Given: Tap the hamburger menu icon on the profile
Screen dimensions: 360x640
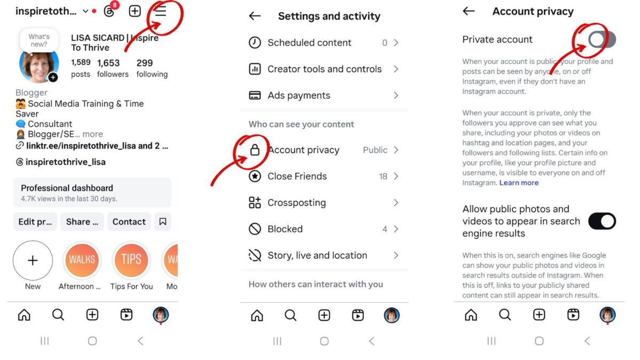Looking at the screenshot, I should (x=161, y=11).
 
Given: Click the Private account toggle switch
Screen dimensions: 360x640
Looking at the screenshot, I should (x=602, y=39).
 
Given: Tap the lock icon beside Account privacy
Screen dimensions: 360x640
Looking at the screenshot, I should (x=255, y=150).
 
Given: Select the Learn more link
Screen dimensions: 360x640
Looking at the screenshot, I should (x=519, y=183).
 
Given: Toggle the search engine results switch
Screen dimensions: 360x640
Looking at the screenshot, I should (x=602, y=221).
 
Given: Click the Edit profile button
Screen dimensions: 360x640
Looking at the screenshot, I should (x=35, y=222).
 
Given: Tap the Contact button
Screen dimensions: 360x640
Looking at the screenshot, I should (x=129, y=222).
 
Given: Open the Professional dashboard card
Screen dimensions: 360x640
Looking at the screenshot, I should (x=92, y=193).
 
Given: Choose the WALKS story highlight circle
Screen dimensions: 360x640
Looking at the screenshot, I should (x=82, y=260).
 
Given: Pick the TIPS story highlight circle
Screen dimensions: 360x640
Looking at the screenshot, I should (x=131, y=260).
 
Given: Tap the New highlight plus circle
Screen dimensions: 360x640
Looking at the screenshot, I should (x=33, y=260).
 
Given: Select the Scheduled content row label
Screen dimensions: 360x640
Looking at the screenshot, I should (x=309, y=43).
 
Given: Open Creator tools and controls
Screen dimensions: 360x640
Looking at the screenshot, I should (x=324, y=69).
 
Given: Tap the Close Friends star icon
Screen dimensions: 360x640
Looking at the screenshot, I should (x=255, y=176).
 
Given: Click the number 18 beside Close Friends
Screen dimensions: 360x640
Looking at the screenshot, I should (x=383, y=177).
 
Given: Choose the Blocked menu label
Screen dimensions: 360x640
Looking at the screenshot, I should (x=285, y=229).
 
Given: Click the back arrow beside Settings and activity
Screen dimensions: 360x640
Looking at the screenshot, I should (x=255, y=16).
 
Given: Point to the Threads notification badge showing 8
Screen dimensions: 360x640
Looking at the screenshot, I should (x=115, y=5).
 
